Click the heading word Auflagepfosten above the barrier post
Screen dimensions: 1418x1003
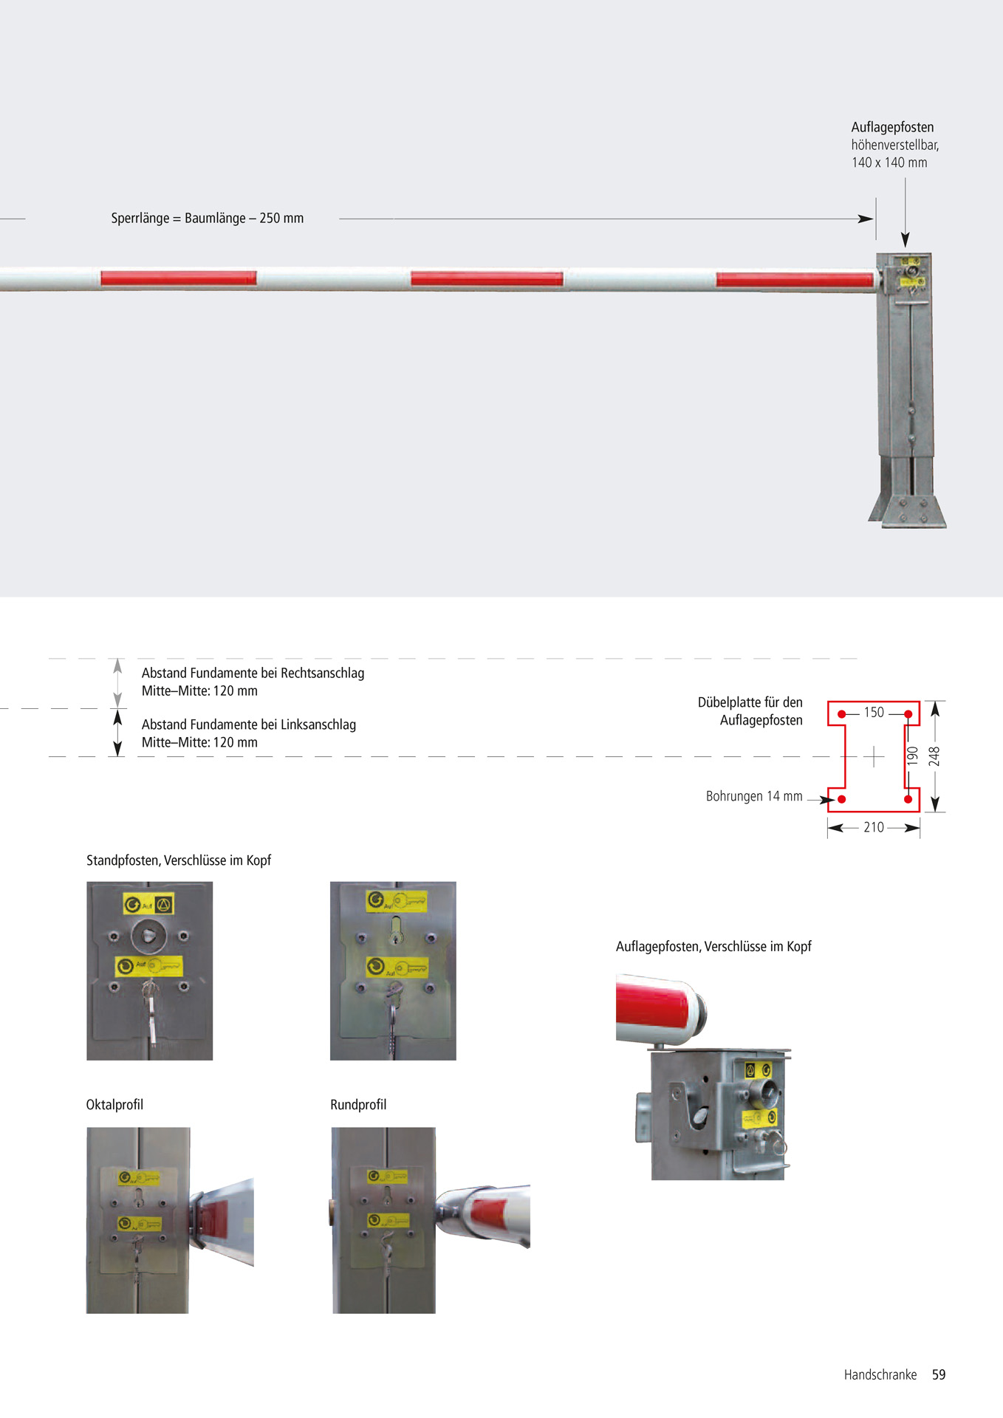point(892,127)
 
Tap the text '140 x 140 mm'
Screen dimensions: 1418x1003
point(889,162)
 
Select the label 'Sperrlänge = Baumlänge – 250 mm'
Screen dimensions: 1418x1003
point(207,219)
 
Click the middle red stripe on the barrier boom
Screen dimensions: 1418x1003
point(487,278)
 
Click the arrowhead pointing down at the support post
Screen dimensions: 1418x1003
point(905,239)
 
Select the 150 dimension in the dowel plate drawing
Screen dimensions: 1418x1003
point(874,713)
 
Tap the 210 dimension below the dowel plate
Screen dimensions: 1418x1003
point(874,828)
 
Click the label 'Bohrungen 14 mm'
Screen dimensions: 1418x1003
point(753,797)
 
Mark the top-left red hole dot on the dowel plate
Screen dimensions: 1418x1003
point(841,714)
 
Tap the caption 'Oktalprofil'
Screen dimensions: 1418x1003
point(114,1105)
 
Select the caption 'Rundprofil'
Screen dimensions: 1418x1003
point(358,1105)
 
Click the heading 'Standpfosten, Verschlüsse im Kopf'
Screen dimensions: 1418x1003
point(179,860)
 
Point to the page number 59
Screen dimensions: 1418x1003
point(938,1374)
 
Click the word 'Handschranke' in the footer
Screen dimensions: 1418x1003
point(880,1374)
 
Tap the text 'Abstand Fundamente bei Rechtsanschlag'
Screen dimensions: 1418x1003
point(253,673)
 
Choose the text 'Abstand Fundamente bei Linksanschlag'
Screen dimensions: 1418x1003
point(249,725)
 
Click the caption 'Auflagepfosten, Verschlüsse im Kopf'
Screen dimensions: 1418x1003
point(713,947)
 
